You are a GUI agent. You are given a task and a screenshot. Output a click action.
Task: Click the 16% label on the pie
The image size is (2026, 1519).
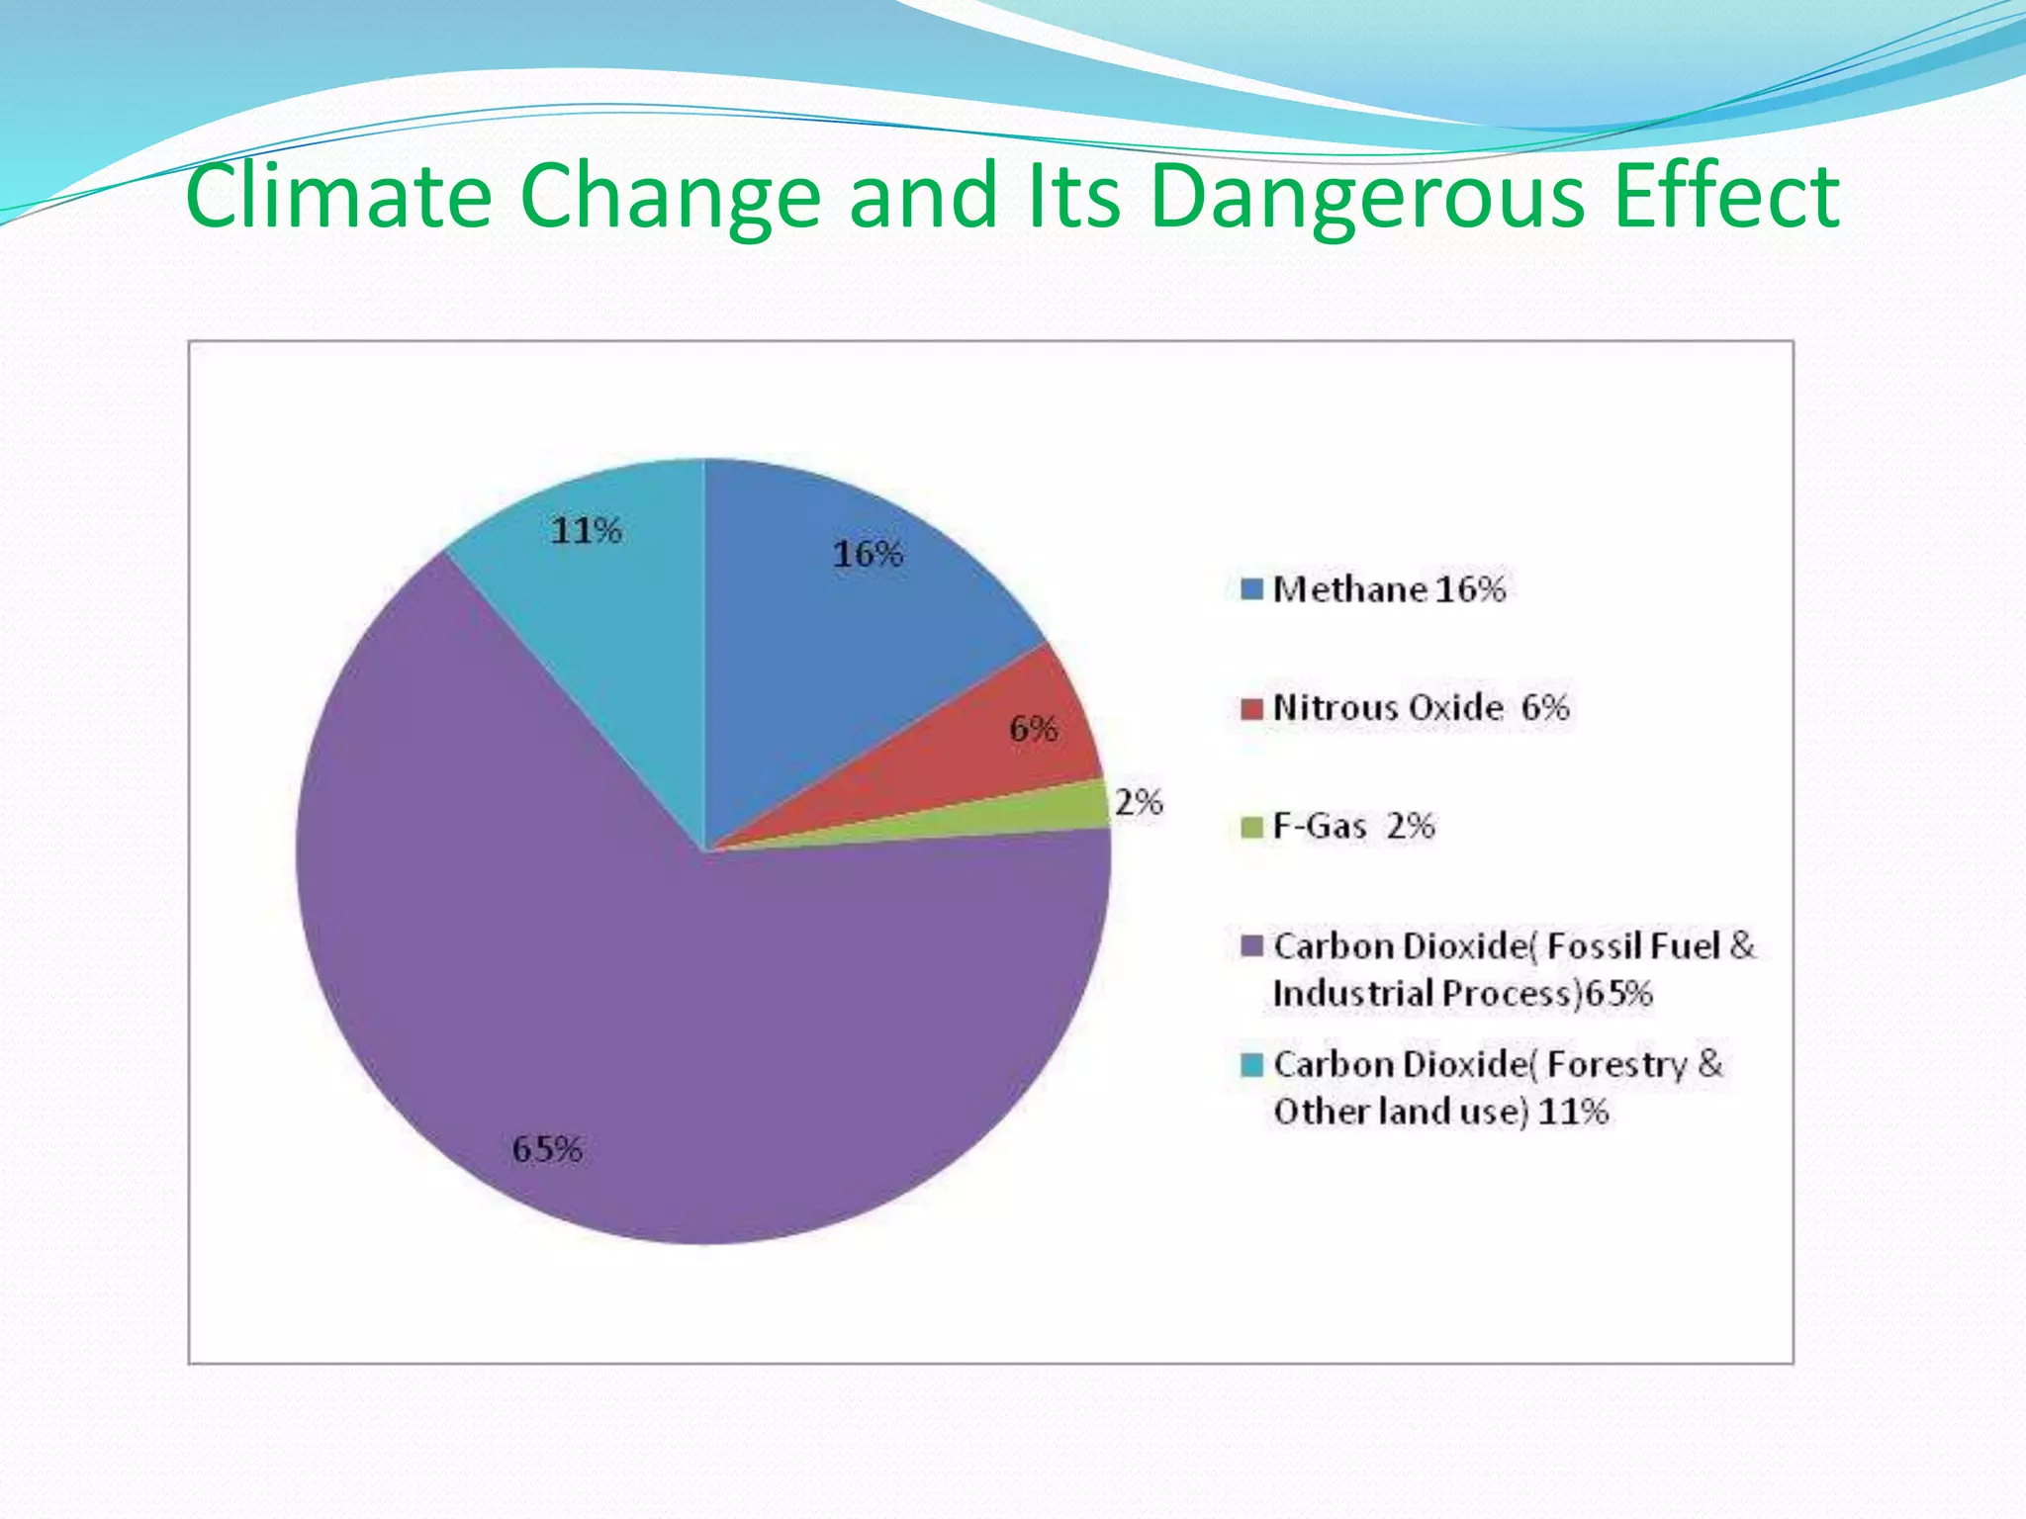click(x=868, y=554)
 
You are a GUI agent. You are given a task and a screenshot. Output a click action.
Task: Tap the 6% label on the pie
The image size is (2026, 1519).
click(x=1033, y=730)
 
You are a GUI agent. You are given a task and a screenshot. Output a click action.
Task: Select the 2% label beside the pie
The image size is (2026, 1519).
click(x=1139, y=801)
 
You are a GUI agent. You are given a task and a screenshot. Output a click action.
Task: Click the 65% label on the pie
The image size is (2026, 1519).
click(x=547, y=1149)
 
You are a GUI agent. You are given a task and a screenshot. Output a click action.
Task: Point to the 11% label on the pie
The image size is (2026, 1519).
click(x=586, y=531)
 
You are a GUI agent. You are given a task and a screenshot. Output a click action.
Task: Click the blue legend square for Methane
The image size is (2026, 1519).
click(x=1251, y=589)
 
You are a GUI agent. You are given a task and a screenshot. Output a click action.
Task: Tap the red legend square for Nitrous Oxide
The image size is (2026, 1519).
click(x=1251, y=708)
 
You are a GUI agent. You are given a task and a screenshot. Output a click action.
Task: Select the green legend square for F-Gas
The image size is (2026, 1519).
click(x=1251, y=827)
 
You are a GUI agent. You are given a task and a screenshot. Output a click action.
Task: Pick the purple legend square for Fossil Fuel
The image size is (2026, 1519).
click(x=1251, y=946)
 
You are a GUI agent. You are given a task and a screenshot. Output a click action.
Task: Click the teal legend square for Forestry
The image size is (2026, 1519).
click(x=1251, y=1065)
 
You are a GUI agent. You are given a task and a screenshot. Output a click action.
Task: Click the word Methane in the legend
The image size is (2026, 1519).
click(x=1350, y=589)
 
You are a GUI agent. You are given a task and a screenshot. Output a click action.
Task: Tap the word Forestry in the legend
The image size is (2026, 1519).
click(x=1616, y=1065)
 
